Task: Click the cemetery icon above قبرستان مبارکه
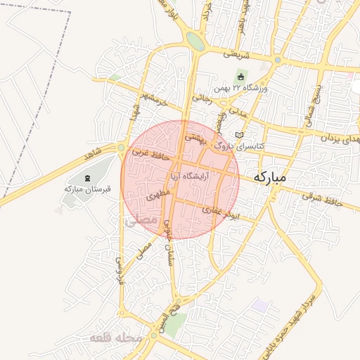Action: point(87,178)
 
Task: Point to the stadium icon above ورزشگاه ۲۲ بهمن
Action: point(241,77)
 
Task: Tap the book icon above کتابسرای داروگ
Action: point(239,134)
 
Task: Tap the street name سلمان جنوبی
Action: point(169,243)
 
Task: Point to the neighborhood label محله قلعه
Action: point(116,339)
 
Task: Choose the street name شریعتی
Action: point(237,53)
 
